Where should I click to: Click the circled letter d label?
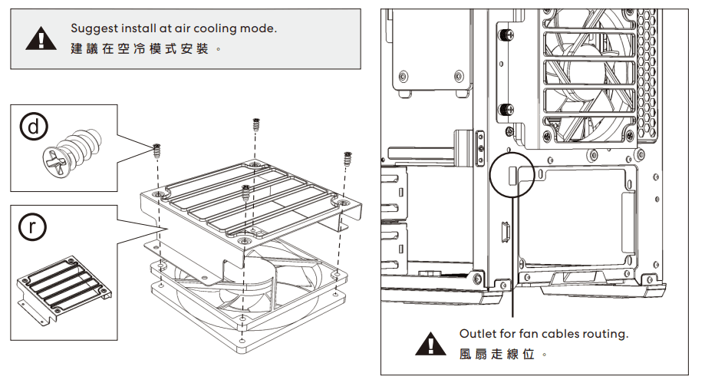point(34,127)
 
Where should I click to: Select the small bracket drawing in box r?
point(64,290)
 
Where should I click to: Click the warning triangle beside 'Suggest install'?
point(41,38)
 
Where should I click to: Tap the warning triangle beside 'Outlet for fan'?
point(430,344)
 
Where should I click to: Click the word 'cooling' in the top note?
point(215,29)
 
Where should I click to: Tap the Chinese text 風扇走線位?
point(497,354)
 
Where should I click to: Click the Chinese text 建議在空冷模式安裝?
point(140,48)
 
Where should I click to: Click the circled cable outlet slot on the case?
point(512,175)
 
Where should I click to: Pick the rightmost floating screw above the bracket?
point(347,158)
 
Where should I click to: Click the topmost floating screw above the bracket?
point(255,124)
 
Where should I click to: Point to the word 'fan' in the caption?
point(528,333)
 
